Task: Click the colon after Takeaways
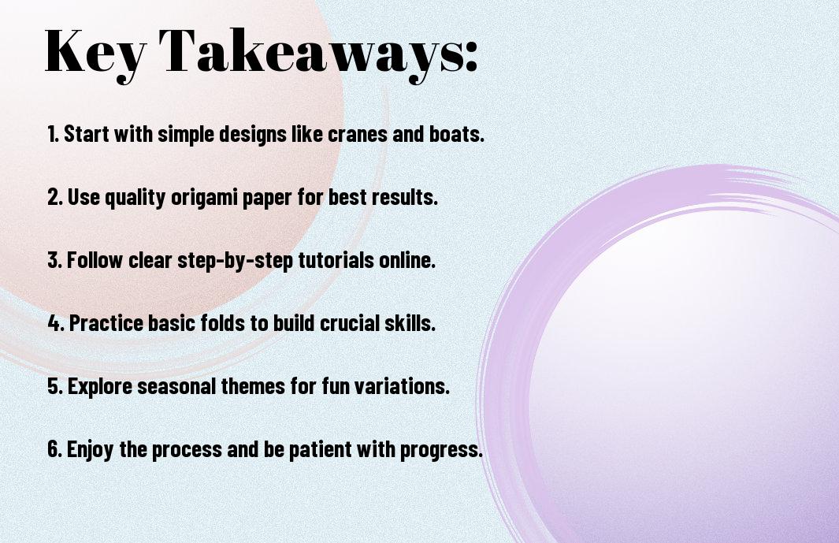click(x=471, y=56)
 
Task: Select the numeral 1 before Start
click(x=52, y=134)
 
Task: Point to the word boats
click(x=456, y=134)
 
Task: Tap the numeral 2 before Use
click(x=54, y=197)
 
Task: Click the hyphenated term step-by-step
click(x=235, y=261)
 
